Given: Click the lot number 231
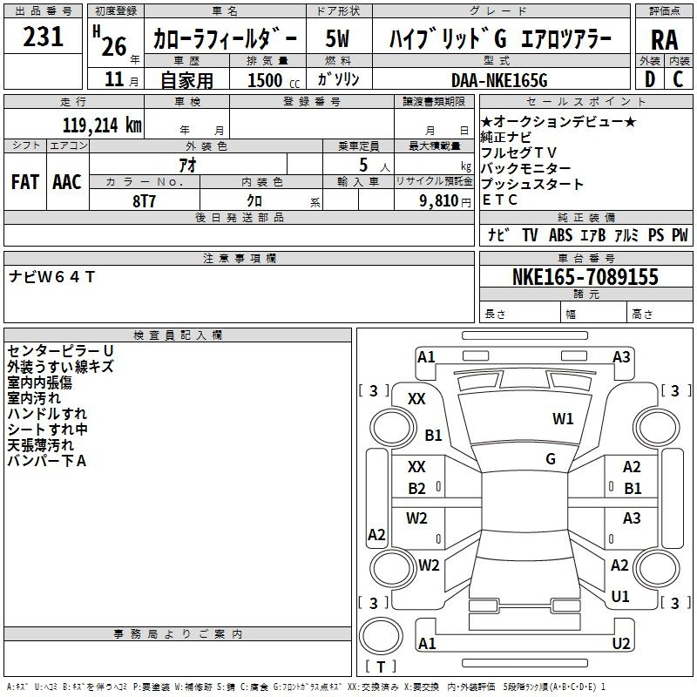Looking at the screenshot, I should point(43,37).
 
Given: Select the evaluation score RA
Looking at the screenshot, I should point(664,40).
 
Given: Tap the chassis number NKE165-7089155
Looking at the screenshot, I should point(585,277).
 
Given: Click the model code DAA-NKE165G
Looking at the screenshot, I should point(499,80).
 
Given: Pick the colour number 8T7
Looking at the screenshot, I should point(145,200).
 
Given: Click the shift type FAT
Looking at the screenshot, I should point(24,182).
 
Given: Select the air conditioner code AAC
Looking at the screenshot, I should point(66,182).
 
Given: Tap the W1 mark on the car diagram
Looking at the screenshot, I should point(563,419).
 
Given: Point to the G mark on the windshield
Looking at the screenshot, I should point(551,458).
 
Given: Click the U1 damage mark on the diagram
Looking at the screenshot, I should point(620,597).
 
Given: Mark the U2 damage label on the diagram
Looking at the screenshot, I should point(621,644).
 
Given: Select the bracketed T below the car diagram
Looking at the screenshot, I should point(380,667).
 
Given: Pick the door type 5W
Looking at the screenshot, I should point(339,40).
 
